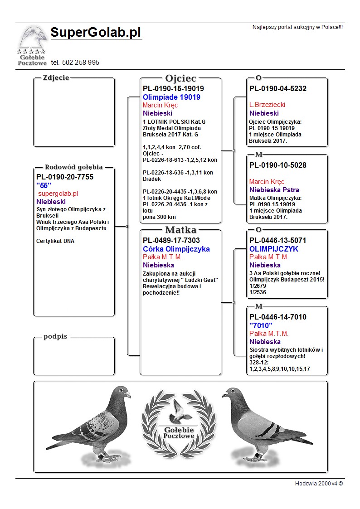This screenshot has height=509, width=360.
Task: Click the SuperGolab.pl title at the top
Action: click(x=96, y=33)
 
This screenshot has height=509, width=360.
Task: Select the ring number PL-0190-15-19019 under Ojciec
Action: click(x=173, y=89)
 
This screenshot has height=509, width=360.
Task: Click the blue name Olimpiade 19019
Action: click(x=171, y=97)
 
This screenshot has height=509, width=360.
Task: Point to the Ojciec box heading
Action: click(x=180, y=78)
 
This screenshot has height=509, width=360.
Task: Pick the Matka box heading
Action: click(x=180, y=230)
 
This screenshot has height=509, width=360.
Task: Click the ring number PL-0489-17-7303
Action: click(x=171, y=240)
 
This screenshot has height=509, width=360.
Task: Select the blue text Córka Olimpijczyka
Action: click(x=176, y=249)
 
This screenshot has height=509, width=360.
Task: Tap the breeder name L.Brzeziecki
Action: click(x=267, y=105)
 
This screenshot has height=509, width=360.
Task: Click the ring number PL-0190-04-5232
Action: click(x=277, y=89)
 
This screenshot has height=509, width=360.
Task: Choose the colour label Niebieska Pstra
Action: click(x=274, y=190)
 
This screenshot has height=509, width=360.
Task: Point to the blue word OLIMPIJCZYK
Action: click(x=273, y=249)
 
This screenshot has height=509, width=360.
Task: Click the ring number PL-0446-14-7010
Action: click(x=277, y=317)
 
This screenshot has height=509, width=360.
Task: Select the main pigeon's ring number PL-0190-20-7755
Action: click(x=64, y=177)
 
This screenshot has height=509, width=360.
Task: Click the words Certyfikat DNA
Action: click(x=55, y=241)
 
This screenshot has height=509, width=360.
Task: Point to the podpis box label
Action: click(x=55, y=337)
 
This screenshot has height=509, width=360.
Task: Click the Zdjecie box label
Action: click(x=56, y=78)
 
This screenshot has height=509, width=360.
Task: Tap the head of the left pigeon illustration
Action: click(x=121, y=393)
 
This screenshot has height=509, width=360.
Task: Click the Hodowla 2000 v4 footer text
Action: click(x=319, y=484)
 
